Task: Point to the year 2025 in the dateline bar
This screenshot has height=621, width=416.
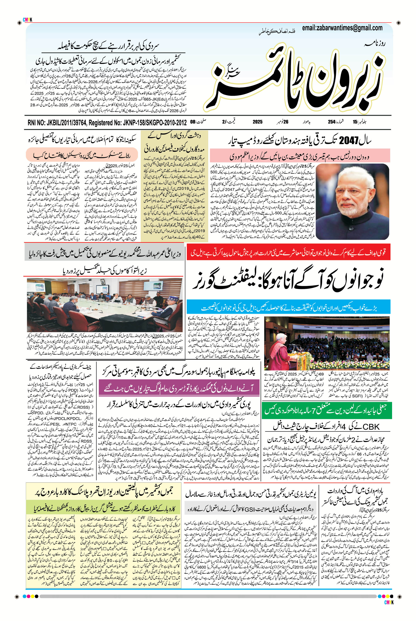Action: pyautogui.click(x=257, y=122)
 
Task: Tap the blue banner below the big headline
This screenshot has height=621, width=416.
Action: pyautogui.click(x=289, y=308)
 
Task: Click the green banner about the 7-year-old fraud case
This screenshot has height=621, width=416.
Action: pyautogui.click(x=326, y=410)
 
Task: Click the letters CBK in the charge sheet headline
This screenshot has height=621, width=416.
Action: pyautogui.click(x=371, y=427)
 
